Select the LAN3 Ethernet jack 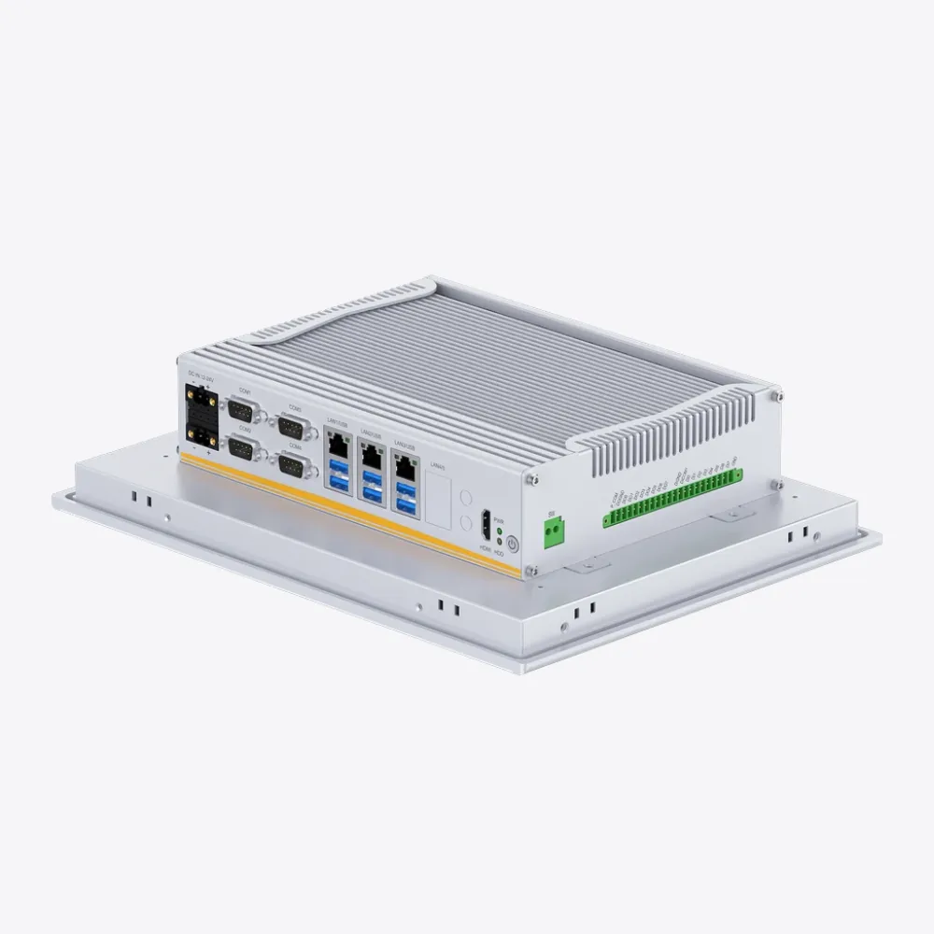pos(405,466)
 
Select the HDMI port pos(486,526)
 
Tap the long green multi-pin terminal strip pos(672,496)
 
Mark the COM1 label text pos(245,390)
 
